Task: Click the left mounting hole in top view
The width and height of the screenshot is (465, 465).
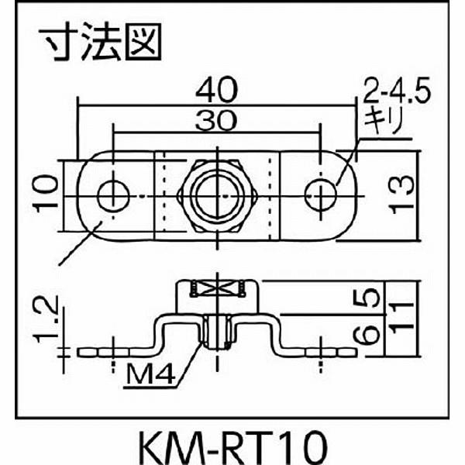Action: tap(114, 193)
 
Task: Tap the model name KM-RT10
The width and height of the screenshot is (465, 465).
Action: tap(231, 445)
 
